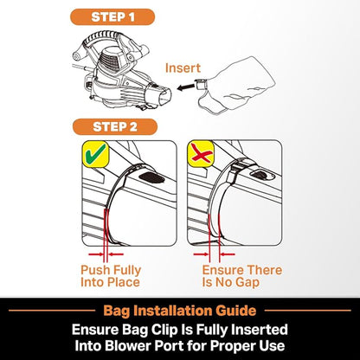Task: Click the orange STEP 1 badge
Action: (112, 17)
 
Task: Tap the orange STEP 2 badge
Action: (115, 127)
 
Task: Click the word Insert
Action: (183, 68)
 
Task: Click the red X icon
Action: (201, 155)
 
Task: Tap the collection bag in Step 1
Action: (235, 86)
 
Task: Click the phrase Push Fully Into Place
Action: (111, 276)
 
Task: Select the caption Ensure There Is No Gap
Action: (242, 276)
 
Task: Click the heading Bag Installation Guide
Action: (180, 311)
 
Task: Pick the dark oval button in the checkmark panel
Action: (151, 177)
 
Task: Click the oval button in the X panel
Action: (262, 175)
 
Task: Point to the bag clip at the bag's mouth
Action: (200, 85)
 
